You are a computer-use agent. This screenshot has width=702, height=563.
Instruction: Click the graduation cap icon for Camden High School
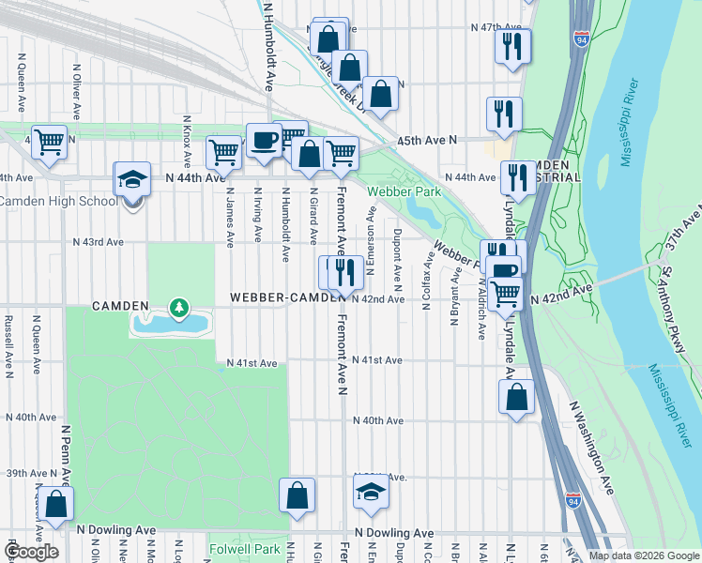click(x=132, y=179)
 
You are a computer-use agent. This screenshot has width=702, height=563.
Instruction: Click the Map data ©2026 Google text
click(x=643, y=555)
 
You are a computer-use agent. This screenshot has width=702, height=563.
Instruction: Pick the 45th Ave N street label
click(x=426, y=140)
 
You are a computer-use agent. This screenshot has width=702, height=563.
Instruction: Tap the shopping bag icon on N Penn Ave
click(x=56, y=502)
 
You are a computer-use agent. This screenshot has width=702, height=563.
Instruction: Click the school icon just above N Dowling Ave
click(x=372, y=491)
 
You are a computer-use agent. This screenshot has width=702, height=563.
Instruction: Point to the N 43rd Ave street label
click(x=99, y=241)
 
